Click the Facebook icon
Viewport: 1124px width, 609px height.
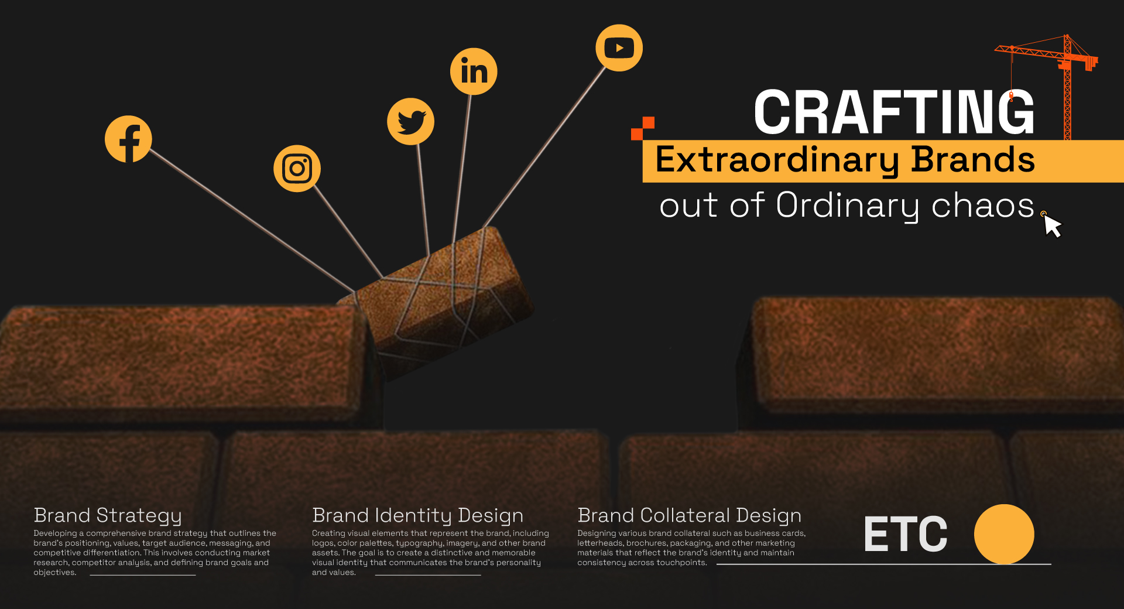tap(128, 139)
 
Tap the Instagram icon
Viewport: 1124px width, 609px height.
tap(297, 169)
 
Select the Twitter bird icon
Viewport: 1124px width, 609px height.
tap(410, 121)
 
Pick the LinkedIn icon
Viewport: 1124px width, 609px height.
tap(474, 71)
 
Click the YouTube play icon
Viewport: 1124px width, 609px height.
tap(619, 48)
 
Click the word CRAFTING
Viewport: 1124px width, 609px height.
tap(894, 112)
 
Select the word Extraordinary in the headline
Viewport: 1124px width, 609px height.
tap(777, 160)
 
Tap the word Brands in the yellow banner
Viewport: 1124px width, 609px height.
tap(972, 160)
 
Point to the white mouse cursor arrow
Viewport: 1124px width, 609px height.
tap(1052, 226)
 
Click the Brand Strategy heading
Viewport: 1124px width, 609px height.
tap(108, 515)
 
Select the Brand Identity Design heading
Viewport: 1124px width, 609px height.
tap(417, 515)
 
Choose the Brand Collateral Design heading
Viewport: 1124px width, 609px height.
tap(689, 515)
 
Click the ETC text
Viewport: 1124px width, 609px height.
tap(905, 534)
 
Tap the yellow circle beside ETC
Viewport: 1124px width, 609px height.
tap(1004, 534)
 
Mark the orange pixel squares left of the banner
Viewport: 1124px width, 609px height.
tap(642, 128)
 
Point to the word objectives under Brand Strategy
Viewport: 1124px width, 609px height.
tap(54, 573)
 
